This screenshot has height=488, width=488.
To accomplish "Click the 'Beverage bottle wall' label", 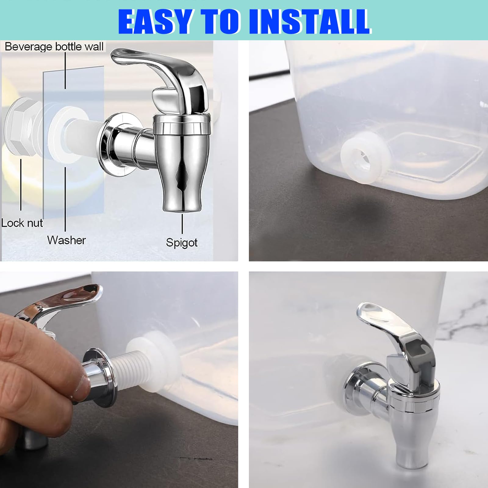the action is click(x=54, y=47).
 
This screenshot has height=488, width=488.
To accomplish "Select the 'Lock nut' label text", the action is click(x=22, y=223).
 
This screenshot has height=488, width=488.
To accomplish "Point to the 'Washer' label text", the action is click(x=66, y=240).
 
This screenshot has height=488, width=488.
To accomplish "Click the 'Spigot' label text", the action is click(x=182, y=242).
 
